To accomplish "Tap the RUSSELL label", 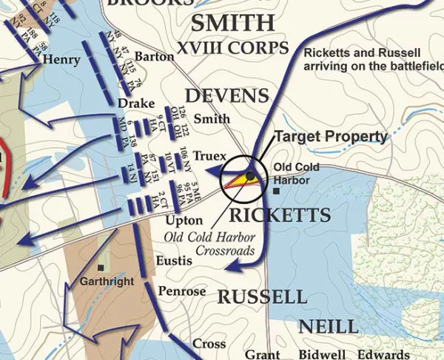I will coord(262,297).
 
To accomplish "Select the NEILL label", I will coord(329,326).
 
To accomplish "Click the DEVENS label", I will coord(226,95).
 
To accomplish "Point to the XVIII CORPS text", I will coord(232,49).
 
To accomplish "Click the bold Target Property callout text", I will coord(331,137).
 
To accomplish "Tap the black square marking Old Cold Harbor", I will coord(276,191).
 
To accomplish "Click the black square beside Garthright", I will coord(101,268).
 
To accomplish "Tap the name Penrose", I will coord(182,291).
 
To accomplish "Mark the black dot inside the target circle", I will coord(251,175).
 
